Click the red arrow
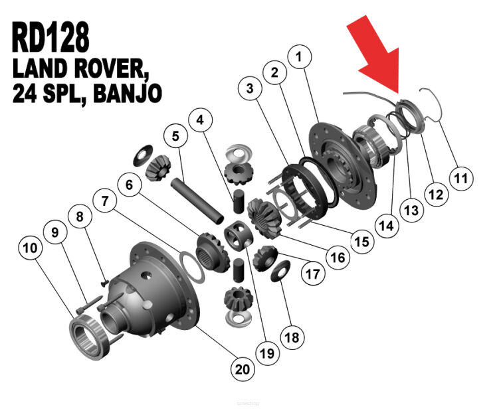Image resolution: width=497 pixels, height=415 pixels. [374, 54]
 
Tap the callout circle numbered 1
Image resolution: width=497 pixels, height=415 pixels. [299, 57]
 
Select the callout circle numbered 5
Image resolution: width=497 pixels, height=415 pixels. [175, 136]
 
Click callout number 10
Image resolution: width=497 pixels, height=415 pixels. [30, 248]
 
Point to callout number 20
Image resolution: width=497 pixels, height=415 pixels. [243, 369]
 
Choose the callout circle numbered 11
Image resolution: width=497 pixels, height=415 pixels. [461, 179]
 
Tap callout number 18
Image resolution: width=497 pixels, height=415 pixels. [292, 337]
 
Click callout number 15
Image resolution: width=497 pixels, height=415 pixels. [362, 242]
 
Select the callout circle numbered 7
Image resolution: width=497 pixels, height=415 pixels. [105, 201]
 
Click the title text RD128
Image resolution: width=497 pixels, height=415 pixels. [50, 37]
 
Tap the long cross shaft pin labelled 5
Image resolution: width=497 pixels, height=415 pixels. [197, 201]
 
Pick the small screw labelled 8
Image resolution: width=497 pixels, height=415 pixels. [104, 283]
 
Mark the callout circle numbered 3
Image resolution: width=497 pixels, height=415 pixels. [250, 88]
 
